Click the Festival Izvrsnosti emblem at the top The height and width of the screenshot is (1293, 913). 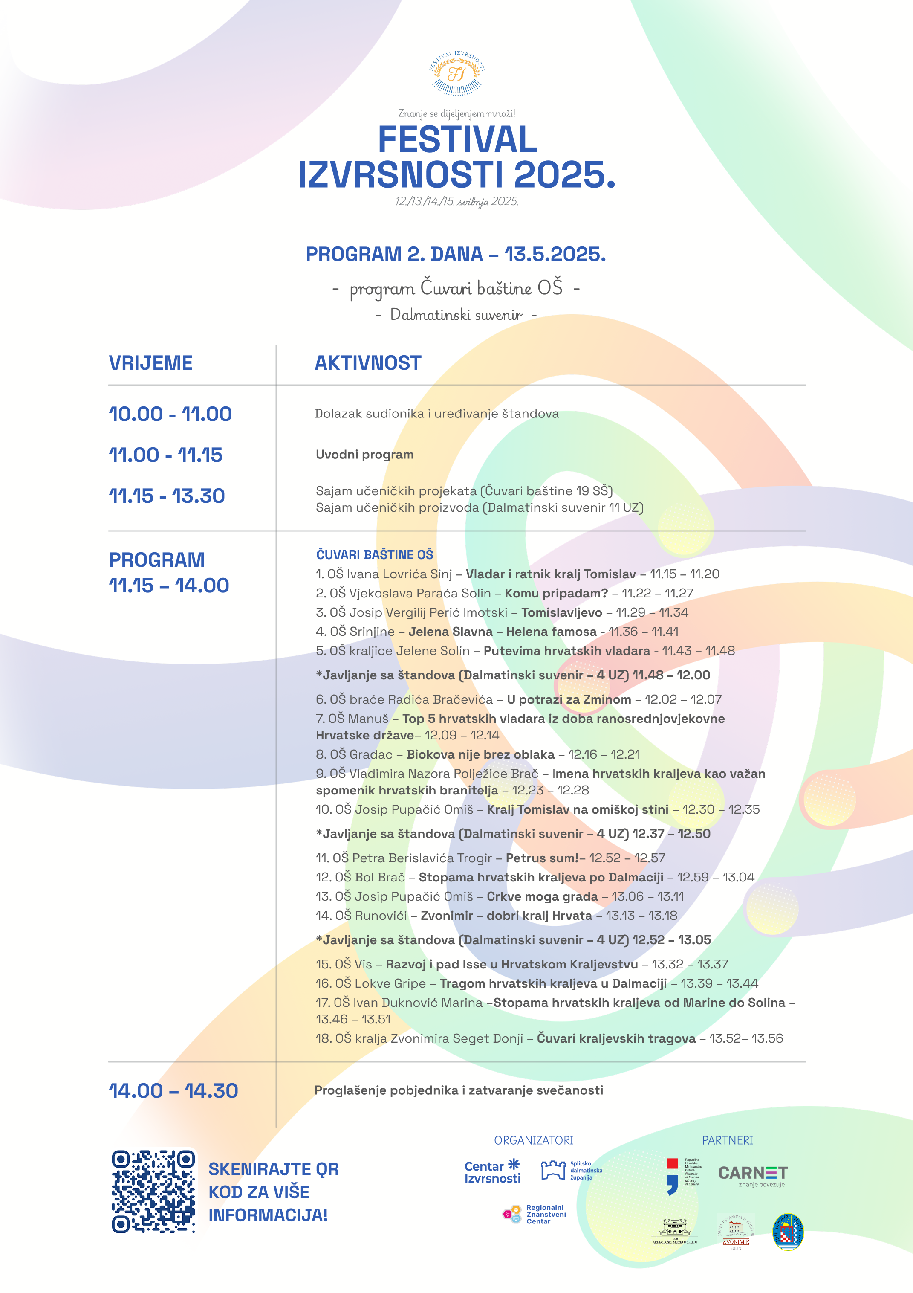(x=456, y=74)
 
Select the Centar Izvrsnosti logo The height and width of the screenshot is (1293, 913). (x=492, y=1172)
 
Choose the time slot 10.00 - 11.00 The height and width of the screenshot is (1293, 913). (x=170, y=415)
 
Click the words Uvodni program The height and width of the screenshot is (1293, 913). (x=364, y=455)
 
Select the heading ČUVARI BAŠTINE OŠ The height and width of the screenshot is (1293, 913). (x=374, y=555)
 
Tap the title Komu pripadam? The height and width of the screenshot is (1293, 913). (x=556, y=593)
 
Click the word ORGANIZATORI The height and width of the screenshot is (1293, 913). (x=534, y=1140)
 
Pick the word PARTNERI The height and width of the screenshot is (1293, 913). (x=727, y=1140)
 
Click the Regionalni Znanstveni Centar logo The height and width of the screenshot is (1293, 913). (x=534, y=1214)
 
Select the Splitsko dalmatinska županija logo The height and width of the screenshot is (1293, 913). (x=571, y=1170)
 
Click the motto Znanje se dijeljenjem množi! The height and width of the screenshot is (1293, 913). (x=456, y=113)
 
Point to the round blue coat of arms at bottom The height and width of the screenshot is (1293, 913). (x=788, y=1232)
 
